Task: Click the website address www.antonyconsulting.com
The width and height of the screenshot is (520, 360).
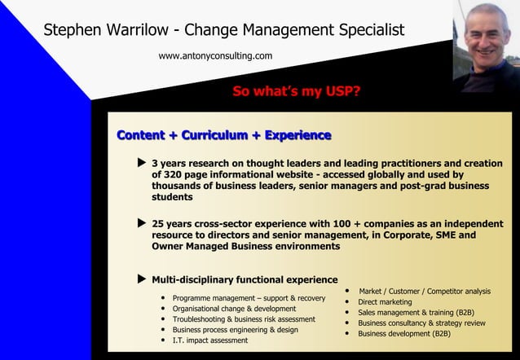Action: click(215, 56)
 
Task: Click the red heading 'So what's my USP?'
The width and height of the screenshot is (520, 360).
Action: click(297, 91)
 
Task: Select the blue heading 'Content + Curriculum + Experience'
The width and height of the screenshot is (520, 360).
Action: click(224, 135)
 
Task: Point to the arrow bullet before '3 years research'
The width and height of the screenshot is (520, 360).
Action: click(141, 163)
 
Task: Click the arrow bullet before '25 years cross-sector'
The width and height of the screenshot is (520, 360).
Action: click(141, 222)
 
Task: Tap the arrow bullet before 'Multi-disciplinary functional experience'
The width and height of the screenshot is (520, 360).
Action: click(141, 279)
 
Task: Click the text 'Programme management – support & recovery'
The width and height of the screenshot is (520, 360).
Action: click(249, 298)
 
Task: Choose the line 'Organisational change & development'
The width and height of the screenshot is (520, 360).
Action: click(234, 309)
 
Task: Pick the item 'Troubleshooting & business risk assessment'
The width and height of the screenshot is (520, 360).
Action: click(244, 319)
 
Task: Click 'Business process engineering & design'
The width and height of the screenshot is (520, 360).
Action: click(235, 330)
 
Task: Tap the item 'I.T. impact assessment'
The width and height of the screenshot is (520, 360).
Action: click(209, 340)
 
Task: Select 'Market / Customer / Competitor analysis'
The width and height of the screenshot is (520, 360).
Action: click(425, 291)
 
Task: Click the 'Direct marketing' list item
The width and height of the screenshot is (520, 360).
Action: click(385, 301)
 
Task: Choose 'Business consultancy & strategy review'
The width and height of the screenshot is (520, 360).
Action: click(421, 323)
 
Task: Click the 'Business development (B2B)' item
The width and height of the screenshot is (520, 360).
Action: click(404, 333)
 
